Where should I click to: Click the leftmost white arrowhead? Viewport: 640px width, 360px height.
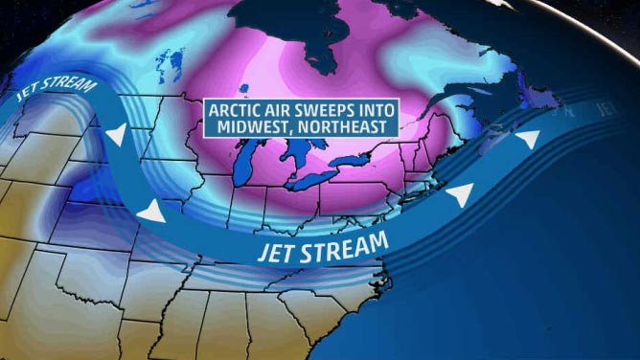115,137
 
